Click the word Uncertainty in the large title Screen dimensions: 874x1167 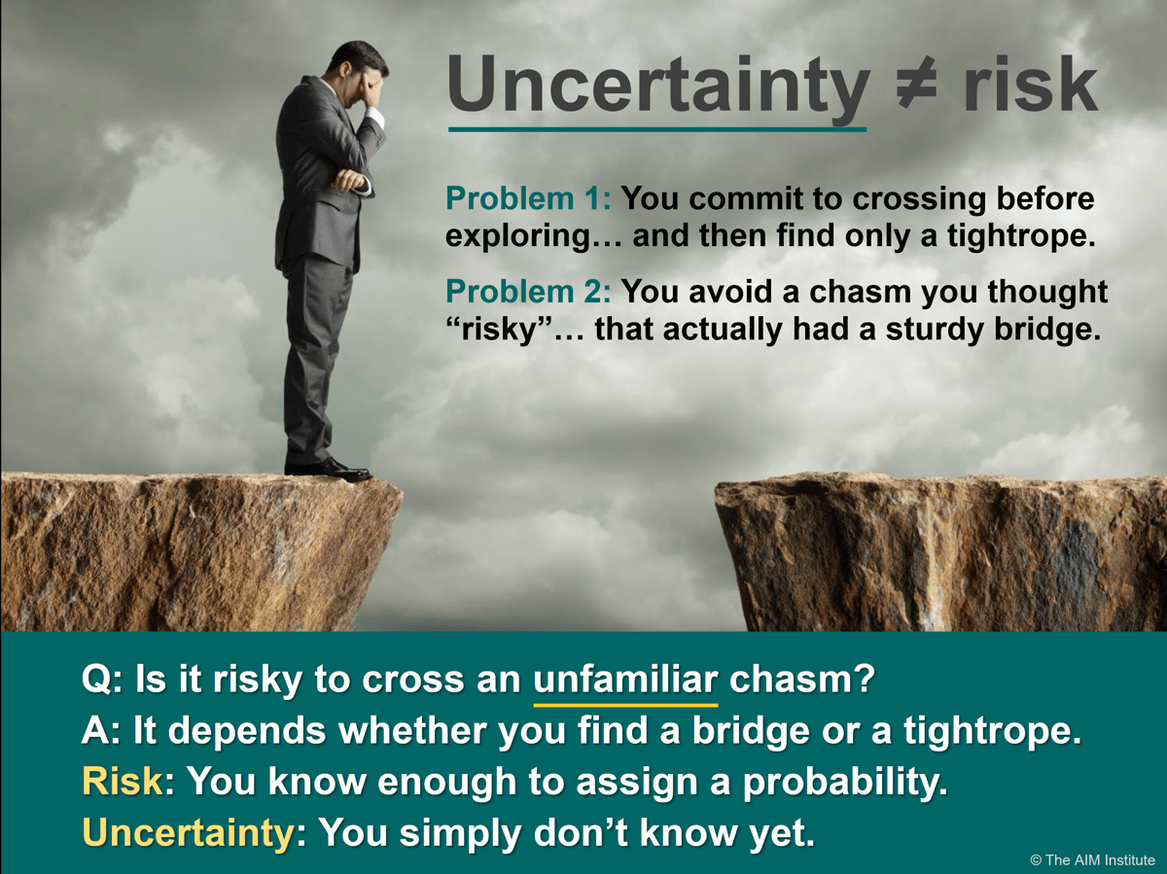(x=657, y=86)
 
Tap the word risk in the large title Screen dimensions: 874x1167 (x=1030, y=86)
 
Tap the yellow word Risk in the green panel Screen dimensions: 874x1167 (x=123, y=782)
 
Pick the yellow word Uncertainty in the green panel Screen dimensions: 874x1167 (x=188, y=833)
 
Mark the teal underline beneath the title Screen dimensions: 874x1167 (x=656, y=128)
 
